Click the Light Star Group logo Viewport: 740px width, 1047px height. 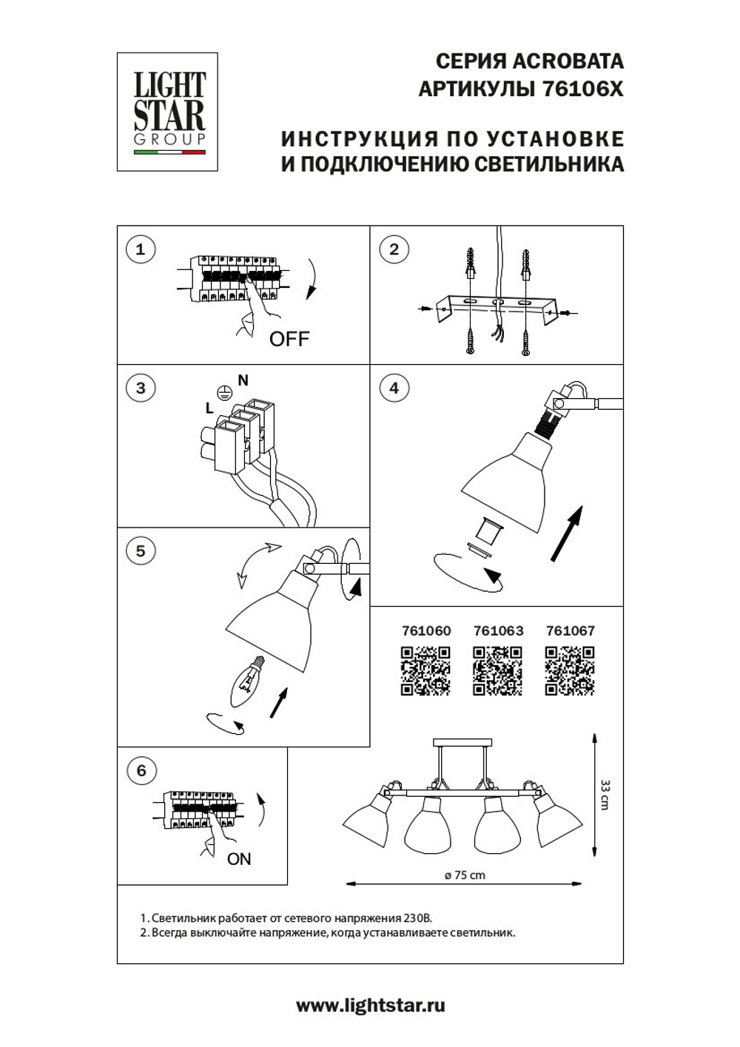(167, 112)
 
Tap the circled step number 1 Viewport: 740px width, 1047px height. (141, 249)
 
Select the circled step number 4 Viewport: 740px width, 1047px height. (394, 388)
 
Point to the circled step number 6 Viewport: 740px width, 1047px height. (141, 771)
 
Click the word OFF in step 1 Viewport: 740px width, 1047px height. (289, 339)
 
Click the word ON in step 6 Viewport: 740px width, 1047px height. (239, 859)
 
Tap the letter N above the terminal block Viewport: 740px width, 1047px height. (243, 380)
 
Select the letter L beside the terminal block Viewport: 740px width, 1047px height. (209, 408)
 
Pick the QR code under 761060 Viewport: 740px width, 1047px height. (425, 670)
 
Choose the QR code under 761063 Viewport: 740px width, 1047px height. (497, 670)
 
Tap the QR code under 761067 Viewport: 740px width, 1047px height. (570, 670)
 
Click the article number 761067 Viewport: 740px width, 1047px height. (570, 631)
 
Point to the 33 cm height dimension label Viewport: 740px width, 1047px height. (605, 795)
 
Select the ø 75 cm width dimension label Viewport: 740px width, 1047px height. (465, 875)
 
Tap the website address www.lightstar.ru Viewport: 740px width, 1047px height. (370, 1006)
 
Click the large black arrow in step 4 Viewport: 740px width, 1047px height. (567, 533)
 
